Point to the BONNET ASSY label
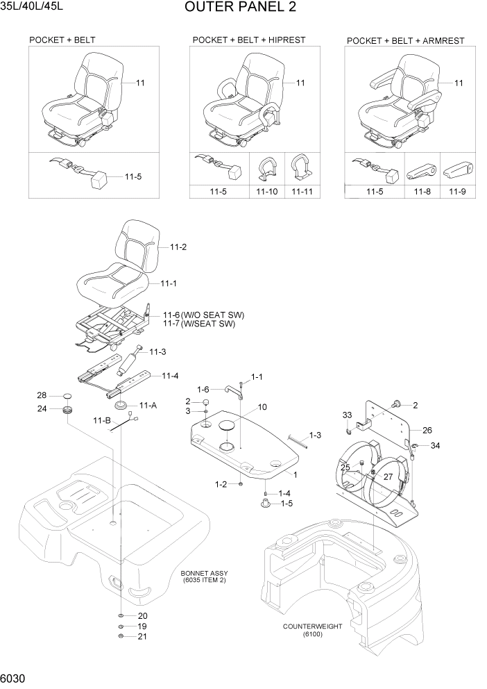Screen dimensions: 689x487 (204, 574)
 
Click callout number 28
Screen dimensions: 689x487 (42, 396)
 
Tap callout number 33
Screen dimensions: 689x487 (347, 415)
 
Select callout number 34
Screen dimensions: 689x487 (435, 445)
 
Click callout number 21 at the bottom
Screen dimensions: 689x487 (142, 636)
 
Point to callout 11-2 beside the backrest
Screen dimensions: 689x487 (178, 247)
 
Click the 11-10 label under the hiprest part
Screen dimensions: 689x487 (267, 191)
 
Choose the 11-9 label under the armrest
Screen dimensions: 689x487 (458, 191)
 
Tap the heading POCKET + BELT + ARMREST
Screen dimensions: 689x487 (405, 42)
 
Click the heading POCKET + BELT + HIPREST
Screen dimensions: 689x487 (248, 41)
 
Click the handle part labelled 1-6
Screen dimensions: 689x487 (231, 394)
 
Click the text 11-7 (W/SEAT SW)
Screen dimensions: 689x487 (199, 324)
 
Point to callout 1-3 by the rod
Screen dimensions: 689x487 (315, 435)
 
